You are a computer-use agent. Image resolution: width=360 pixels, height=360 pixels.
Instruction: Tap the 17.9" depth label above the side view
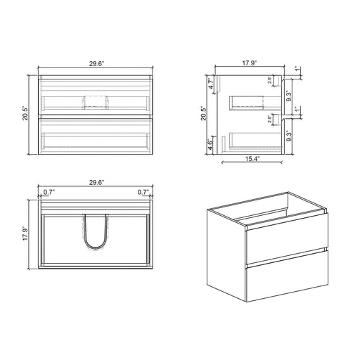tap(250, 62)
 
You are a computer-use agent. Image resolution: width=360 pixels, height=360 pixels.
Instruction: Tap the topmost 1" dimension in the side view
tap(299, 70)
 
